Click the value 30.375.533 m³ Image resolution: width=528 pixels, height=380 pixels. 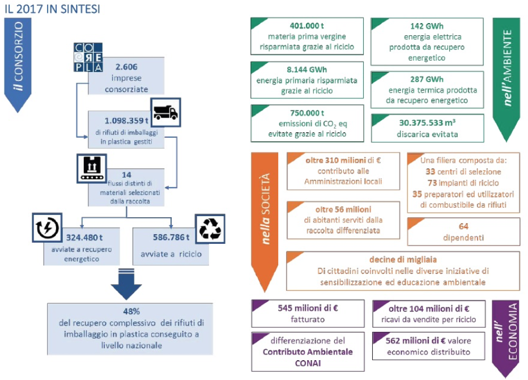[x=428, y=123]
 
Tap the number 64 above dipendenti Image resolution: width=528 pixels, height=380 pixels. [x=464, y=226]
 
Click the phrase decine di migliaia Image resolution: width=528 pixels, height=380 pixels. [x=403, y=260]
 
